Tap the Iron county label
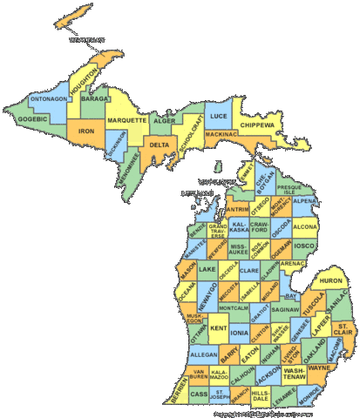tap(86, 131)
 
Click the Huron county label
tap(331, 280)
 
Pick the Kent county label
tap(219, 328)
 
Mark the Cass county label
tap(200, 394)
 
